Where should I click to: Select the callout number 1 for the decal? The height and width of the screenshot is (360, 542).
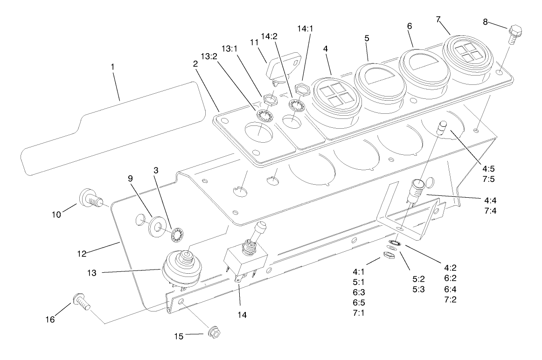point(112,67)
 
